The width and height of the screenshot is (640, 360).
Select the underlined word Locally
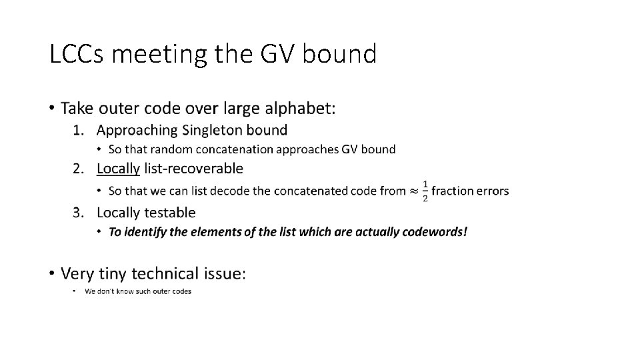[118, 169]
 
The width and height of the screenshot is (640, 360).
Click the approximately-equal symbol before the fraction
[413, 191]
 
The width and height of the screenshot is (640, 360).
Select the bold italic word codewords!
[435, 232]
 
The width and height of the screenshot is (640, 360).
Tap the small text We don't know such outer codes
[138, 291]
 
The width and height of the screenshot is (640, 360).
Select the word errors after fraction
[492, 191]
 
